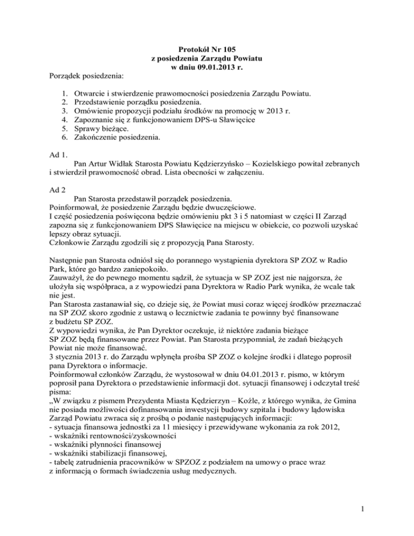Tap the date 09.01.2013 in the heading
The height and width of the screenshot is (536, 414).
point(222,67)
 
